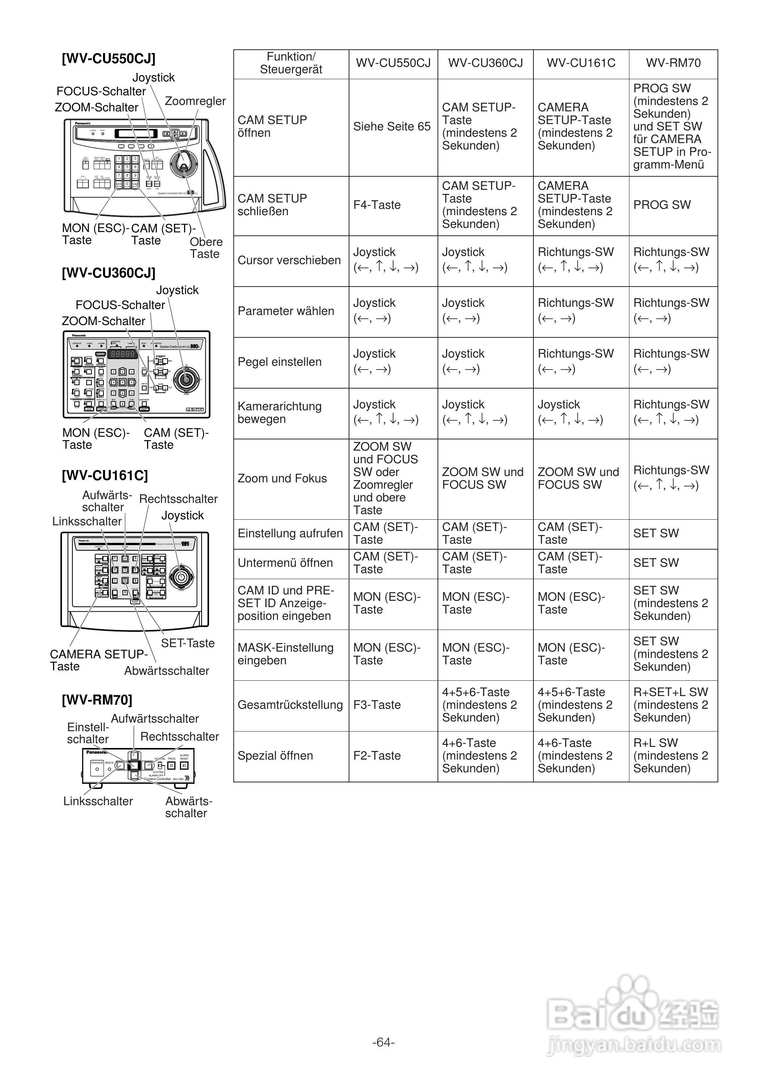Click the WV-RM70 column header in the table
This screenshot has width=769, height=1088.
(673, 63)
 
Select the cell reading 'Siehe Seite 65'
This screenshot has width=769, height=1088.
(392, 127)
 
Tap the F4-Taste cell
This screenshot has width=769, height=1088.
(377, 205)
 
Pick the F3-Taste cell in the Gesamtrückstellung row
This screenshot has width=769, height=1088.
(377, 705)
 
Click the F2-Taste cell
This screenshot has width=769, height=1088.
(377, 756)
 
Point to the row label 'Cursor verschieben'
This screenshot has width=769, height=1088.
(289, 261)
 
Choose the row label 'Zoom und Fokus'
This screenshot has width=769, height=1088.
(282, 479)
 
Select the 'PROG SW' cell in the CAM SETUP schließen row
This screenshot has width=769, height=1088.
(662, 205)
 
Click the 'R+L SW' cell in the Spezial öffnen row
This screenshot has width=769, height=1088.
(670, 756)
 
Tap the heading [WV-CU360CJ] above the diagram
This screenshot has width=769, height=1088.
(108, 273)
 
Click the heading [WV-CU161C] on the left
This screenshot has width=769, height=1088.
(105, 476)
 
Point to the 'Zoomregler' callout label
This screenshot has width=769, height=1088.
(195, 101)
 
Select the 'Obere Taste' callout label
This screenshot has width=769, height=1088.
(206, 248)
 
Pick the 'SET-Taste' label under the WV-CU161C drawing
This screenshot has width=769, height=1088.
(187, 643)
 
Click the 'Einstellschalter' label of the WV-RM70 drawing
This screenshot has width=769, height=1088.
(88, 733)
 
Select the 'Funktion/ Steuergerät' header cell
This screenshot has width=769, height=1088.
(291, 63)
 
